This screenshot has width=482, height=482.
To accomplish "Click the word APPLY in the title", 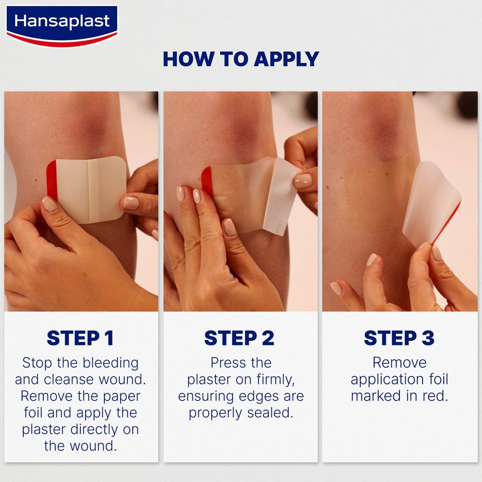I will [286, 59].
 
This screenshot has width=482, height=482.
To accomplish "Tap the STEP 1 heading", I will [80, 338].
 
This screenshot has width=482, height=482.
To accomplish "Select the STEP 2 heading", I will [239, 338].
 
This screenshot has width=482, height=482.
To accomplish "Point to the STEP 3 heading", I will [399, 338].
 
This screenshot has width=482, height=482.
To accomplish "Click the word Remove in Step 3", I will [399, 363].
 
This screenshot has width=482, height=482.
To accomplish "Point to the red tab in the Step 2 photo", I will [206, 180].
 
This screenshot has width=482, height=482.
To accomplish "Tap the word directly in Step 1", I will [96, 429].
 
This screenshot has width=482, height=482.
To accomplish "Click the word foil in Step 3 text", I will [436, 380].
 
